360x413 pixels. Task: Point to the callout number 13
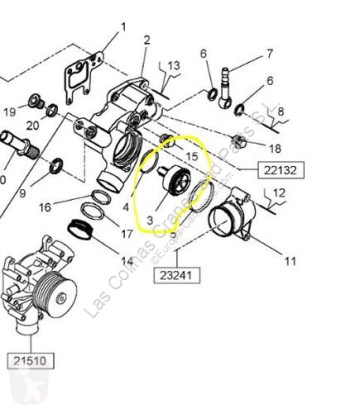coord(174,64)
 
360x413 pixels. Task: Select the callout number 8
coord(281,112)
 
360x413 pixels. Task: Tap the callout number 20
coord(32,126)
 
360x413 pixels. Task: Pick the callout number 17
coord(127,236)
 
